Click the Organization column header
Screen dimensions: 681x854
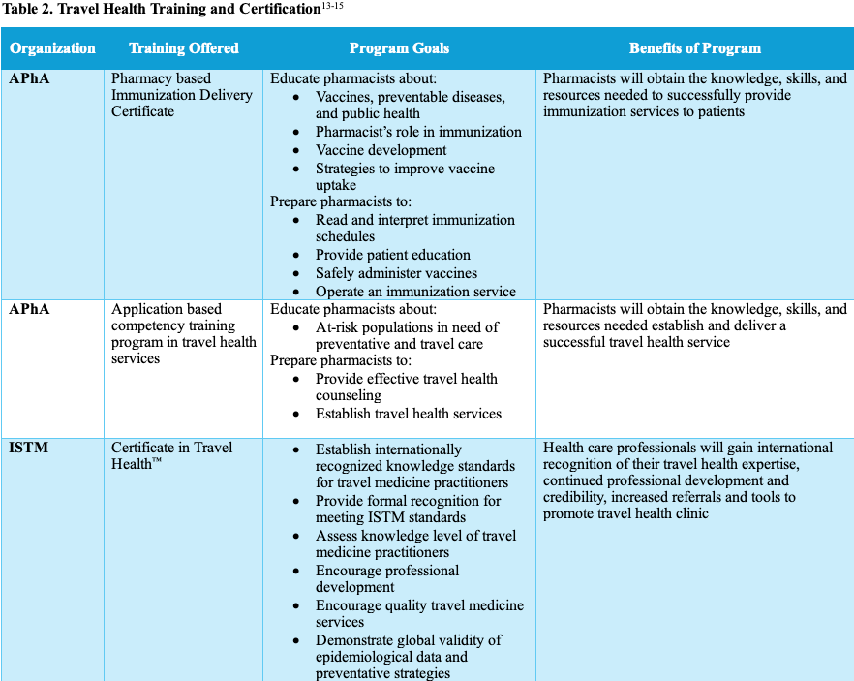point(53,48)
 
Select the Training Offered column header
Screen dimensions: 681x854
point(184,48)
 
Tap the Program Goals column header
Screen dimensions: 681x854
point(399,48)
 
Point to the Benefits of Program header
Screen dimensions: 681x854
point(694,48)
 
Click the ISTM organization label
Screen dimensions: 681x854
point(29,448)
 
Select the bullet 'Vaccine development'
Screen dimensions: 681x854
point(381,150)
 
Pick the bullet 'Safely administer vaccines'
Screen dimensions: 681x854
point(396,273)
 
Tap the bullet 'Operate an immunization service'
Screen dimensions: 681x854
point(415,292)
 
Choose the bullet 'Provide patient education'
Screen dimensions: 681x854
point(392,255)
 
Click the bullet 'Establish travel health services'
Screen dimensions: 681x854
point(408,414)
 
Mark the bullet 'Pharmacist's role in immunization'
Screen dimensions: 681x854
point(418,132)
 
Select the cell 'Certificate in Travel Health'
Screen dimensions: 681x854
point(171,455)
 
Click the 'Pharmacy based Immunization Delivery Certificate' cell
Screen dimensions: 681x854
point(182,95)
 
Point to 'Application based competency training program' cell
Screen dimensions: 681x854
point(183,333)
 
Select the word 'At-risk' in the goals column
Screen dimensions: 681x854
point(340,327)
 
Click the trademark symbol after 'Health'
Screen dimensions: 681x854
point(157,462)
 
